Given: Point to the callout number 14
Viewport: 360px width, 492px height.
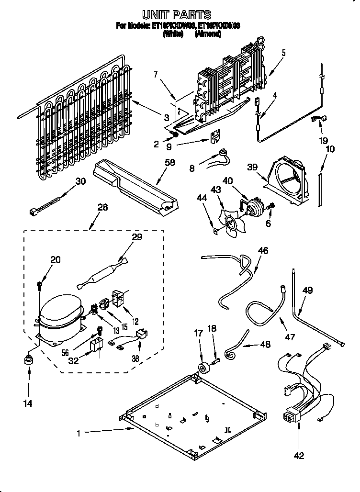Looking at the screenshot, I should (x=27, y=404).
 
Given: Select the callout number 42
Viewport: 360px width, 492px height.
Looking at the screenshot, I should (x=299, y=456).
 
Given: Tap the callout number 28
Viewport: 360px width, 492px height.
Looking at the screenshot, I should (x=102, y=207).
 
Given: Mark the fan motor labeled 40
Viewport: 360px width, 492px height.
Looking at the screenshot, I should (x=255, y=205).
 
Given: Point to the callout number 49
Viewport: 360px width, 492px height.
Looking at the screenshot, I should (x=308, y=290).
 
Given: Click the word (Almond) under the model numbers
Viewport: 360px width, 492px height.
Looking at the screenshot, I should (x=207, y=34).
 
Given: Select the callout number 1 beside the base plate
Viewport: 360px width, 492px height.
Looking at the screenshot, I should (x=79, y=434).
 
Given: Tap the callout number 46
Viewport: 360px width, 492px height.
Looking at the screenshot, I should (x=263, y=250).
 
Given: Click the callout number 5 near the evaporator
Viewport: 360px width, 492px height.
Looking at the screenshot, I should (x=284, y=53).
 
